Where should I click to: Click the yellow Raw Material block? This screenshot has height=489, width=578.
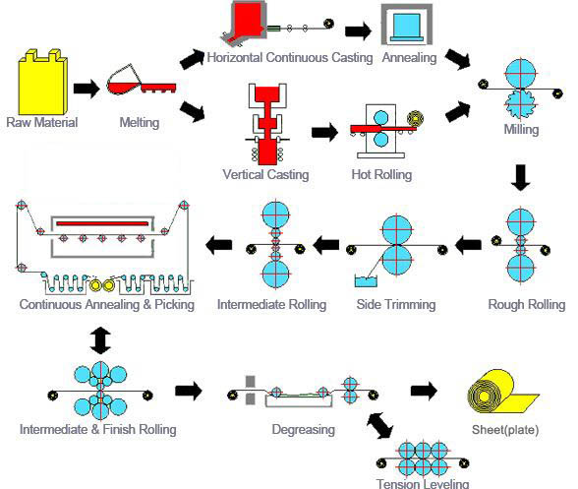[42, 83]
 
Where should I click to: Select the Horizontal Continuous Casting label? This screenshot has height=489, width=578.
[290, 57]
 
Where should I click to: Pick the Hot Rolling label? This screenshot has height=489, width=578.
[380, 175]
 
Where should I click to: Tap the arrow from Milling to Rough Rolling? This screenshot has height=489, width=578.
[521, 178]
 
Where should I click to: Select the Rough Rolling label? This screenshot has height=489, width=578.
[527, 304]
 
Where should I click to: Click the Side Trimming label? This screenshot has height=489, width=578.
[396, 304]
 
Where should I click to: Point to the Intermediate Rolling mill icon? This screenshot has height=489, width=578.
[274, 243]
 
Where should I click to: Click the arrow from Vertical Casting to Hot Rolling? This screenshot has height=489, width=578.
[321, 131]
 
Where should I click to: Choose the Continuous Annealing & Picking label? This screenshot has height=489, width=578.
[106, 304]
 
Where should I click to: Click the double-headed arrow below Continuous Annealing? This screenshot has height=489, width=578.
[100, 339]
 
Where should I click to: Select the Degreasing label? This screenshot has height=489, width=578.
[304, 429]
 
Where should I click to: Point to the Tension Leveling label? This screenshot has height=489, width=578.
[423, 482]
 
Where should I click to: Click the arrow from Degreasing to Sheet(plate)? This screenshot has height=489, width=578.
[425, 391]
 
